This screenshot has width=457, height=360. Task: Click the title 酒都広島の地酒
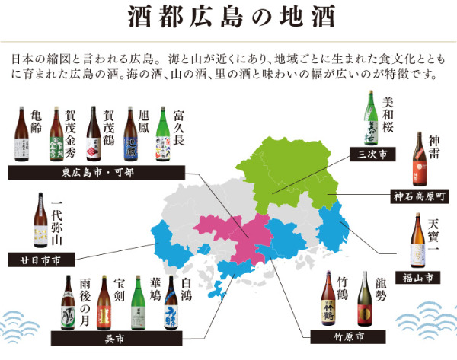[228, 17]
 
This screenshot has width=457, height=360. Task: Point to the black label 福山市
[417, 278]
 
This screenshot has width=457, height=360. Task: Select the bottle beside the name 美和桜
[367, 118]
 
